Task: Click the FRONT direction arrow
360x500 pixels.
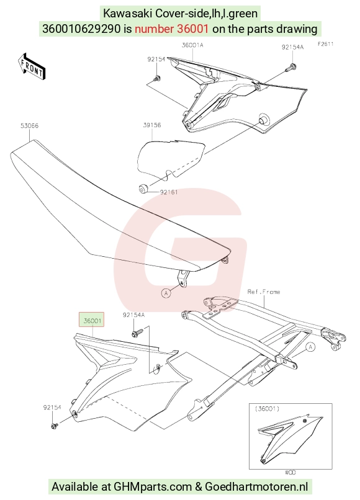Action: click(x=31, y=66)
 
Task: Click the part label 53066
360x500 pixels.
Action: click(x=29, y=126)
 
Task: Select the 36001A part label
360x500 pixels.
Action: click(x=192, y=45)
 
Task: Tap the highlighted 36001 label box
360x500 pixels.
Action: click(x=92, y=321)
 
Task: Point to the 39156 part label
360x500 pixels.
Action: click(x=152, y=125)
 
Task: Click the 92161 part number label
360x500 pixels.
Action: click(x=169, y=192)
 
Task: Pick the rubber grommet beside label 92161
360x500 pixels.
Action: click(x=143, y=189)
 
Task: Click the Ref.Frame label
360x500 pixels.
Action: click(x=264, y=292)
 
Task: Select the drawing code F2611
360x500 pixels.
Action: click(x=325, y=44)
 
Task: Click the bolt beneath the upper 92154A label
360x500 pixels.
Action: click(x=292, y=67)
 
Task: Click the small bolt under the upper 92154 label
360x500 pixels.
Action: click(x=156, y=78)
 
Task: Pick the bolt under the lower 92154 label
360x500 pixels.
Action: click(x=55, y=426)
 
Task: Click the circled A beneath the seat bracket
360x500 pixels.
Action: click(x=166, y=293)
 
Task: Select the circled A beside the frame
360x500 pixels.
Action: click(x=310, y=347)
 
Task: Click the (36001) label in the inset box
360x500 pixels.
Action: click(x=267, y=409)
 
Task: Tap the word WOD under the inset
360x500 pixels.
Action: click(x=290, y=472)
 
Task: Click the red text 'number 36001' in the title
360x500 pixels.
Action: click(x=172, y=29)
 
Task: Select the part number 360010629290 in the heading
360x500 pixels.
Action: click(x=82, y=29)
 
